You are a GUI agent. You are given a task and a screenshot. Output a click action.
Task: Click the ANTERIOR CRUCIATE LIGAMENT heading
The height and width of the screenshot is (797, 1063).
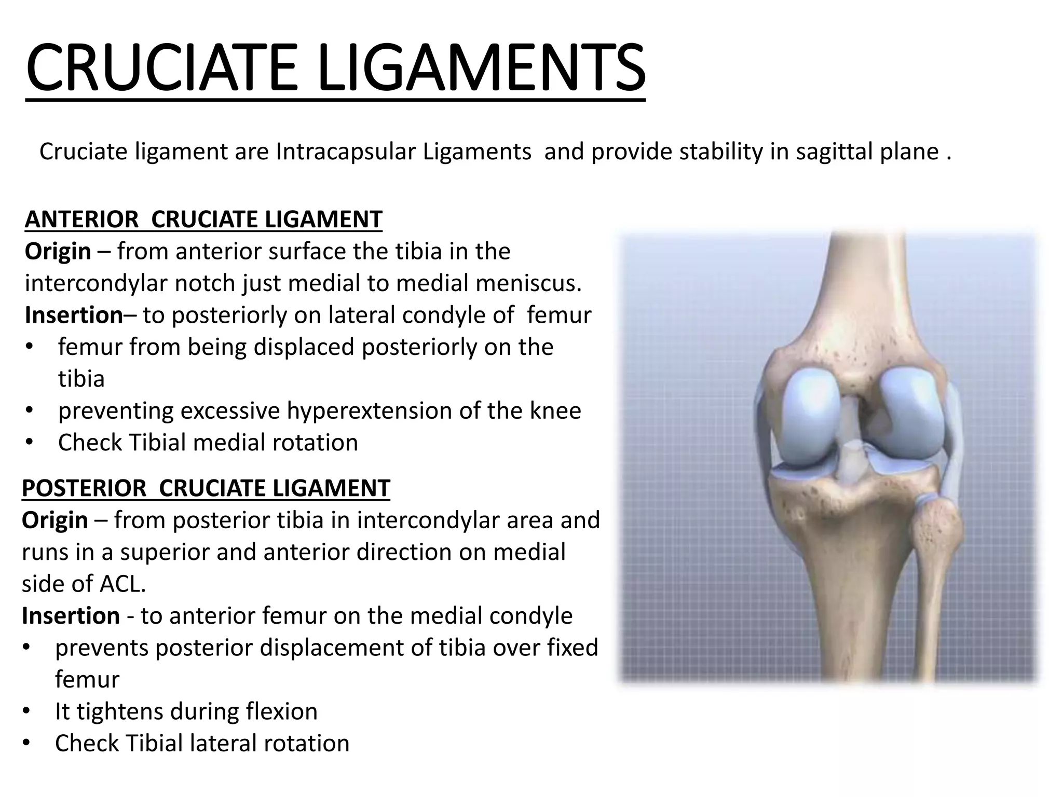tap(203, 219)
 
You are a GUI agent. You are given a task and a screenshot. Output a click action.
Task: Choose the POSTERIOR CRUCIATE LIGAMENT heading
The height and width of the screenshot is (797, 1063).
tap(206, 488)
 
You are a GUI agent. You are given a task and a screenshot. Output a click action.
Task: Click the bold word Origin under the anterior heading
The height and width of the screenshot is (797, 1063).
tap(58, 252)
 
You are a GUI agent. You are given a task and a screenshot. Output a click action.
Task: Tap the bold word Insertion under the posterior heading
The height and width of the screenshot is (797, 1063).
tap(71, 616)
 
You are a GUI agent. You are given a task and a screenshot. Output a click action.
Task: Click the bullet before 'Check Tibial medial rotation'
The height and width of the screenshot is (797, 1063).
tap(29, 443)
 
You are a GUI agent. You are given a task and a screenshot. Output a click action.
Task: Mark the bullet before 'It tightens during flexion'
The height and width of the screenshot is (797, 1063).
tap(26, 712)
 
